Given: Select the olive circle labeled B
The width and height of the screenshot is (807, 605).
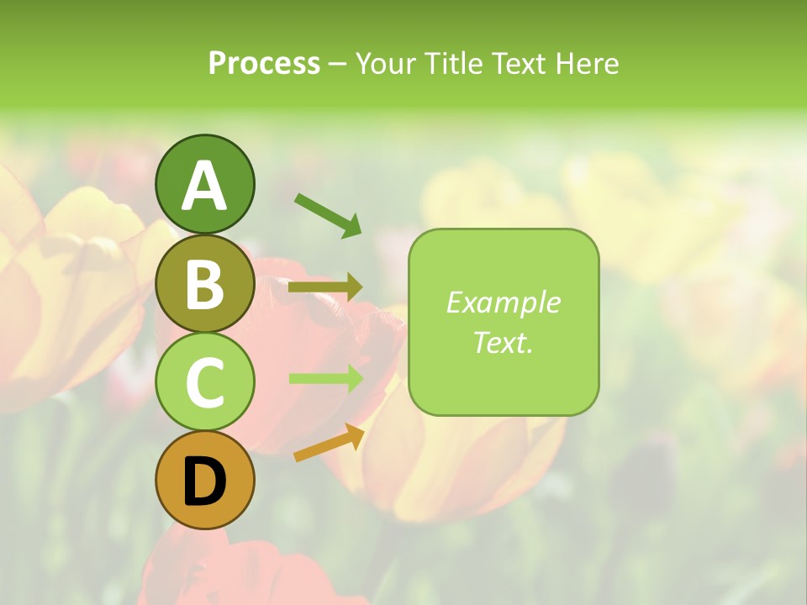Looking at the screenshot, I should (x=204, y=283).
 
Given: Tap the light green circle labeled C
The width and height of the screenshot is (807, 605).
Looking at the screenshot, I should (x=204, y=382).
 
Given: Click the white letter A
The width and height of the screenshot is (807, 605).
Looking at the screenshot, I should (x=204, y=186).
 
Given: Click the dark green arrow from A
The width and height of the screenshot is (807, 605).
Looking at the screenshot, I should (x=328, y=215).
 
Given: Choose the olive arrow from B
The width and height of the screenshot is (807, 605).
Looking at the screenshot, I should (x=325, y=287).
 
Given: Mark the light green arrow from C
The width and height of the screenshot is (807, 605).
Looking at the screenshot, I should (x=325, y=378).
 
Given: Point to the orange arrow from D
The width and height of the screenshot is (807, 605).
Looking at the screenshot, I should (x=329, y=443).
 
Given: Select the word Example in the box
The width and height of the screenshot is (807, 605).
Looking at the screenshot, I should (x=503, y=302).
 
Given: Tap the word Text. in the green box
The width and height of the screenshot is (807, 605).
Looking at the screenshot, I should (x=503, y=343).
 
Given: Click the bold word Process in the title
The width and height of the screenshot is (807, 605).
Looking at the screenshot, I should (x=264, y=63).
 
